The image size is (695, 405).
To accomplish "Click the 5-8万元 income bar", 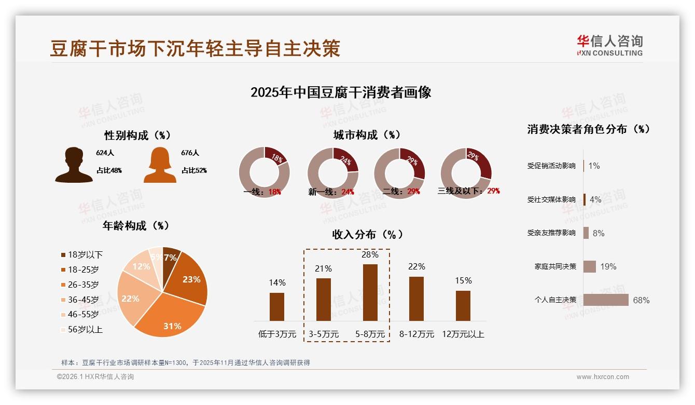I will [x=370, y=292].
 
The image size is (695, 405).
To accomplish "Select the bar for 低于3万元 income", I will [x=277, y=306].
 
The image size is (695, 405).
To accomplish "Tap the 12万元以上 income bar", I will [x=463, y=305].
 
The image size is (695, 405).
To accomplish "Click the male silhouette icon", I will [x=74, y=165].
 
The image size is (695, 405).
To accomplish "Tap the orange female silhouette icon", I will [x=160, y=165].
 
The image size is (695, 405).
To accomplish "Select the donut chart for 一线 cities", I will [x=265, y=172].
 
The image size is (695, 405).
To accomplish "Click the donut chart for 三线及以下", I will [x=466, y=172].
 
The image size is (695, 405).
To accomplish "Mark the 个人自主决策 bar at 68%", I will [x=606, y=300].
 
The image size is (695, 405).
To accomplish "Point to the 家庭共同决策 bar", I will [x=590, y=266].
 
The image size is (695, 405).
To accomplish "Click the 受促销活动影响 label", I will [x=551, y=166].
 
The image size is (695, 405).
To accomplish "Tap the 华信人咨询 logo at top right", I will [x=610, y=45].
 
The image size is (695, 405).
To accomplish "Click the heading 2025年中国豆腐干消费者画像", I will [x=341, y=92].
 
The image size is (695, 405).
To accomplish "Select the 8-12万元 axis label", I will [x=416, y=334].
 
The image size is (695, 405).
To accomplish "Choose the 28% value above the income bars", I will [x=370, y=254].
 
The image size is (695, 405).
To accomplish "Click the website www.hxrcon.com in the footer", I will [x=603, y=377].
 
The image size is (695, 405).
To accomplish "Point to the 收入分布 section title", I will [x=367, y=234].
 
